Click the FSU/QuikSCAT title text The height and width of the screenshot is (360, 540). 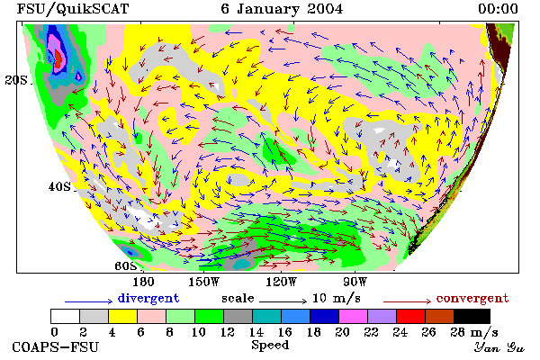point(73,9)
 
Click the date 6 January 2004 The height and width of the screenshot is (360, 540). point(282,9)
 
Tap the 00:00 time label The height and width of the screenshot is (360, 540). point(498,9)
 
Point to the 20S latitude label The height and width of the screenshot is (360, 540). point(16,80)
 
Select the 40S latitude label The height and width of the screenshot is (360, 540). point(59,186)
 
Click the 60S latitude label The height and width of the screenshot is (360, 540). point(126,266)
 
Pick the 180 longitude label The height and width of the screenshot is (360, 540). point(143,282)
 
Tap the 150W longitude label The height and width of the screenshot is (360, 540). point(204,282)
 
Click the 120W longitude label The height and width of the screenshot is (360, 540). point(281,282)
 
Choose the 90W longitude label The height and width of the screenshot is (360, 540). point(355,282)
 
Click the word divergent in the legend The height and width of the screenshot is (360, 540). point(148,298)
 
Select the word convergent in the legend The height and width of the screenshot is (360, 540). point(472,298)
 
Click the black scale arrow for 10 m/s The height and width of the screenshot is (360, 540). point(283,301)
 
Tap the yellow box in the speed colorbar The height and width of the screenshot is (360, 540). point(122,316)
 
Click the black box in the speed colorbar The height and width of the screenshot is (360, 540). point(472,316)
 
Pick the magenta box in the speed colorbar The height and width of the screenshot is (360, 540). point(354,316)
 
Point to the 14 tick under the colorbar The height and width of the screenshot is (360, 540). point(256,332)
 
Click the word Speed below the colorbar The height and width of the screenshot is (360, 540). point(270,346)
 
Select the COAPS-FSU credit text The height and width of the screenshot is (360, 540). point(56,346)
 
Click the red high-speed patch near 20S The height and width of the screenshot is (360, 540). point(58,58)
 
